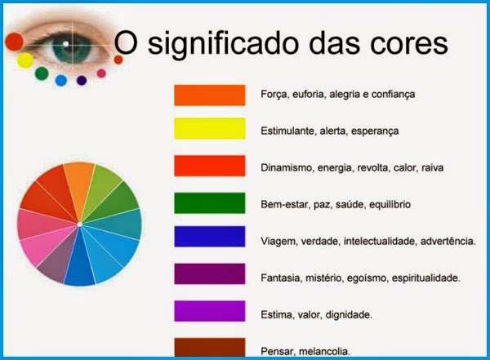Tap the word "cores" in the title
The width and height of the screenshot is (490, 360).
pos(409,44)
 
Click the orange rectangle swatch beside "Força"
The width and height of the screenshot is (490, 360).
pos(210,95)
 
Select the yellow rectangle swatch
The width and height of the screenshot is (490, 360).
pos(210,128)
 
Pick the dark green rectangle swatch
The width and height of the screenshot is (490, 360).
pos(210,203)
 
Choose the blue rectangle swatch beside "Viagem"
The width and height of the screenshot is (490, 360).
pos(210,237)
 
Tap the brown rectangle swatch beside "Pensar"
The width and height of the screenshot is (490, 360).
pos(210,347)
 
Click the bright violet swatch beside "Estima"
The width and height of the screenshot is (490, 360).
pos(210,311)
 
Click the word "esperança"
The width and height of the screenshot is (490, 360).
pos(375,131)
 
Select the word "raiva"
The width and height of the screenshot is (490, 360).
pos(433,168)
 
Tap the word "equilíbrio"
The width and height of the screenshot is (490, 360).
pos(390,205)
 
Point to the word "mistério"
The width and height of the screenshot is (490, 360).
pos(323,278)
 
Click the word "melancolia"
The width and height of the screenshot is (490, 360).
pos(325,352)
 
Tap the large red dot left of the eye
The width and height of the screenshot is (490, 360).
pos(14,42)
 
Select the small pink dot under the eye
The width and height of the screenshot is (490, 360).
pos(101,73)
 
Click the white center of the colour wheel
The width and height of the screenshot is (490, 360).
pos(79,224)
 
